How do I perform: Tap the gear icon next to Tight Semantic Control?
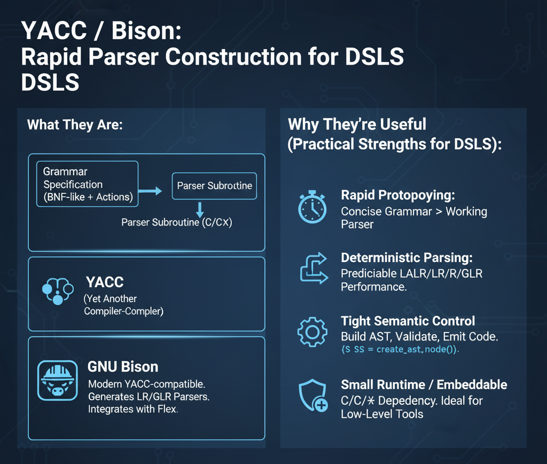click(x=311, y=332)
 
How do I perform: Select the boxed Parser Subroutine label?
click(x=214, y=186)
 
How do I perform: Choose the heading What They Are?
click(x=75, y=125)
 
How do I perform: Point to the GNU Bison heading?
click(x=122, y=367)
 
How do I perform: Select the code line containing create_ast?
click(x=400, y=349)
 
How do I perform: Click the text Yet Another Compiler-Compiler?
click(x=123, y=305)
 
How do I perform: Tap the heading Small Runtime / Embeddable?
click(x=424, y=385)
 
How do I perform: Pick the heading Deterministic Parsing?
click(x=407, y=258)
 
